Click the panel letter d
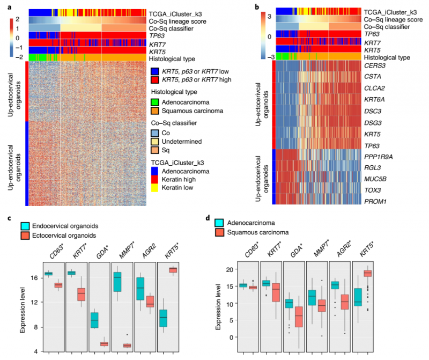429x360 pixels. tap(216, 218)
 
